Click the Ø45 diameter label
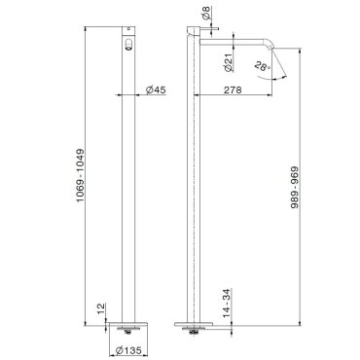156,90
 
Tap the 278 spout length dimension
233,90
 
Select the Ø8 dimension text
207,12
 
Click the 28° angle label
262,66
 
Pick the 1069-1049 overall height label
80,175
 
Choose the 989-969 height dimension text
295,188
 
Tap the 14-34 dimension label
227,303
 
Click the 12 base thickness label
101,308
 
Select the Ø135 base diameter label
128,350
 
